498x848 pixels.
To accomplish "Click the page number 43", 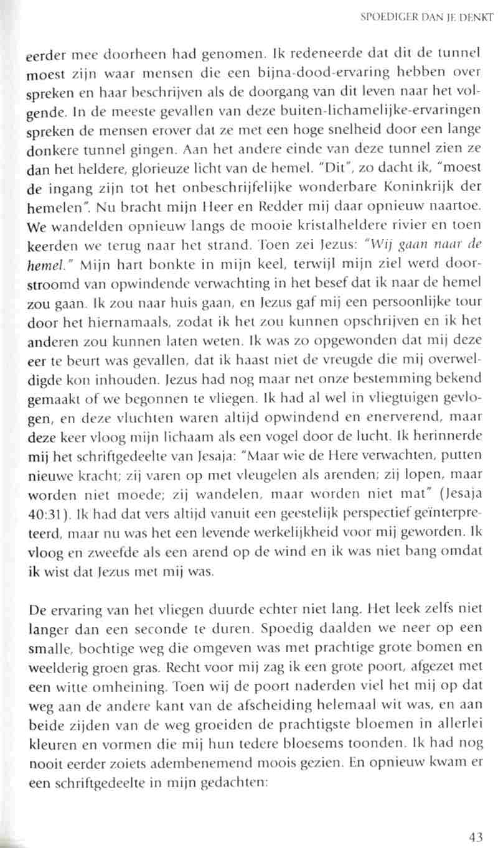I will point(476,837).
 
